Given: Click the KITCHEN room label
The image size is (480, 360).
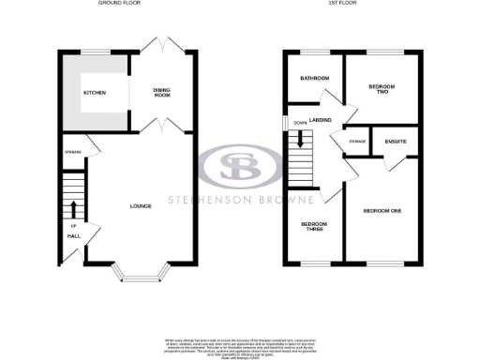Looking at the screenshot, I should tap(94, 93).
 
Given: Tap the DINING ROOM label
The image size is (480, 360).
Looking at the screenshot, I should tap(164, 92).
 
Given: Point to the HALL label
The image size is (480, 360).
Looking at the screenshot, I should tap(72, 236).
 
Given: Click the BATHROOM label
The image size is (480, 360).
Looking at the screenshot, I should tap(315, 78).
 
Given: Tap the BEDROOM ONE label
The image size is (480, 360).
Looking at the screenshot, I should tap(382, 211).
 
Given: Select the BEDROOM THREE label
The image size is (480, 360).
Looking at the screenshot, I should tap(312, 227).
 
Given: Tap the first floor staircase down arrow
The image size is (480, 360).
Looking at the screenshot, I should tap(299, 140).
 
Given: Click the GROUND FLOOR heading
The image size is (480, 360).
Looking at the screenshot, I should tap(120, 4).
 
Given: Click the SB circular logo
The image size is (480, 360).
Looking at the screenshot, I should tap(240, 170).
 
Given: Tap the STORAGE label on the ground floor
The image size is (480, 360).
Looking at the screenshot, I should tap(72, 152).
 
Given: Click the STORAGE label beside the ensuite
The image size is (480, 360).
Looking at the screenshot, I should tap(357, 142).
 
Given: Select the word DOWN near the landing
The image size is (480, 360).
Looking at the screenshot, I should tap(299, 123).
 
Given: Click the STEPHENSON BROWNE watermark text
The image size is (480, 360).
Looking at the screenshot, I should tap(240, 199).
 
